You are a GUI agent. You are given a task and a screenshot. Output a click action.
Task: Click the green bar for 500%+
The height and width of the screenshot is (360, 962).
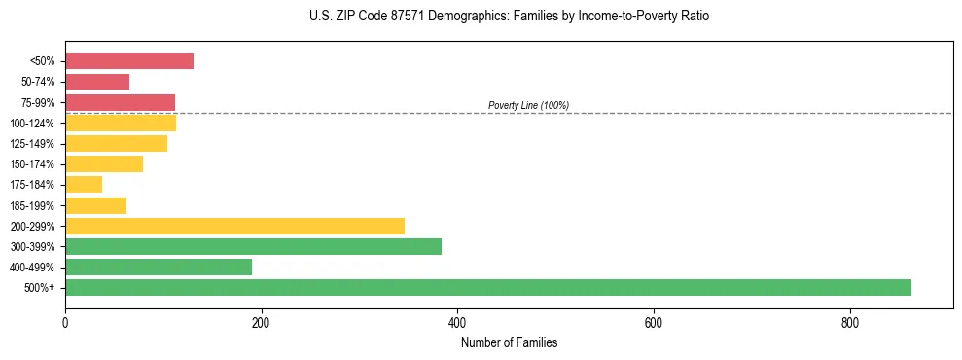pos(487,287)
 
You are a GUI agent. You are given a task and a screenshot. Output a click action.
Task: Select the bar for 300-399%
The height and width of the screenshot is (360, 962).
pos(253,246)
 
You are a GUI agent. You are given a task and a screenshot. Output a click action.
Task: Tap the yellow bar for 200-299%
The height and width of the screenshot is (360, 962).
pos(234,226)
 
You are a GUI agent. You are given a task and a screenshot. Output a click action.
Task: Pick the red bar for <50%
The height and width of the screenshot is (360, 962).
pos(129,61)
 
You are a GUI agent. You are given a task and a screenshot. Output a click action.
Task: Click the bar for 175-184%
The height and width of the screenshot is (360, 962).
pos(84,185)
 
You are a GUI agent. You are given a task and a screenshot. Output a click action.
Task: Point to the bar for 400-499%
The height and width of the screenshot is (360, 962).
pos(159,267)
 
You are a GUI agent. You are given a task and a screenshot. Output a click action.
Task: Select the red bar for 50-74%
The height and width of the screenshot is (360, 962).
pos(97,82)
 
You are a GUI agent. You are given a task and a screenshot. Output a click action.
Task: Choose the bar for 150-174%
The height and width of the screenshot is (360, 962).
pos(104,164)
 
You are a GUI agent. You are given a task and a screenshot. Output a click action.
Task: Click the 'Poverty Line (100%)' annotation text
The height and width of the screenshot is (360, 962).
pos(528,105)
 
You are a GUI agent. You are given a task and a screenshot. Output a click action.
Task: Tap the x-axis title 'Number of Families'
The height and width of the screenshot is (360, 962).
pos(509,343)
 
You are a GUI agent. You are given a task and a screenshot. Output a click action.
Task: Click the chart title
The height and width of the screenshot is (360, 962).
pos(509,17)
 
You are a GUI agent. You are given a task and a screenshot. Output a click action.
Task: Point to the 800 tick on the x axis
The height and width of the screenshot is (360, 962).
pos(849,322)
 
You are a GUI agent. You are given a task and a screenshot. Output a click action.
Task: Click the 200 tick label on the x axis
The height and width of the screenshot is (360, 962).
pos(261,322)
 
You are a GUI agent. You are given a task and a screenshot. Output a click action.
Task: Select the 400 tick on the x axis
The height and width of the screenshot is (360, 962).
pos(457,322)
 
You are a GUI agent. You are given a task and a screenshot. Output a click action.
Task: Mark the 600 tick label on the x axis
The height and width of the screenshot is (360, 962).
pos(654,322)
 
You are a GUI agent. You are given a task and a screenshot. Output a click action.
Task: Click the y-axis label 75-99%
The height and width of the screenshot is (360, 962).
pos(38,103)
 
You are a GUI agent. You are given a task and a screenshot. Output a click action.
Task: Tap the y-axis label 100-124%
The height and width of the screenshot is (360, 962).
pos(34,124)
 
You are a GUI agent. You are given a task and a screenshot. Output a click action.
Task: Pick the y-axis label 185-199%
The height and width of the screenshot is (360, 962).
pos(34,205)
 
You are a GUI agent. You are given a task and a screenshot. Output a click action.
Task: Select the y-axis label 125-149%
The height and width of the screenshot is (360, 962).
pos(34,144)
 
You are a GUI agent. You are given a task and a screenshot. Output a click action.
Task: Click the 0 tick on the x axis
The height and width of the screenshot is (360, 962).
pos(65,322)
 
